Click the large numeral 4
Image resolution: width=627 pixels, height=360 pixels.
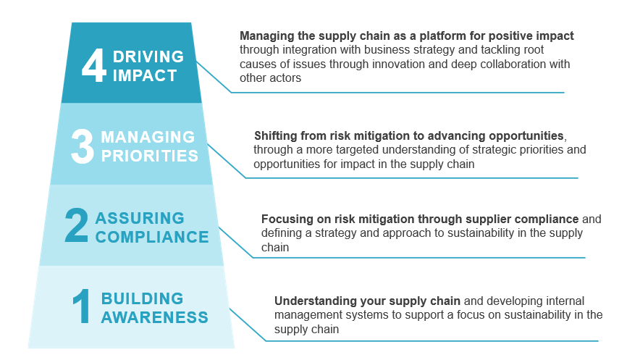coord(93,65)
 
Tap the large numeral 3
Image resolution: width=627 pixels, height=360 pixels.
coord(83,146)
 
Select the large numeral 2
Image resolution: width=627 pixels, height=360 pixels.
coord(76,227)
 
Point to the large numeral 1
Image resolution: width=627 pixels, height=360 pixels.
coord(82,308)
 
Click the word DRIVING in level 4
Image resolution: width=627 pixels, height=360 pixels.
coord(149,56)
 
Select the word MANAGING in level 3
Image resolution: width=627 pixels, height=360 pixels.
coord(148,138)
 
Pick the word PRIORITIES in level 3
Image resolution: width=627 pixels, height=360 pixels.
coord(149,155)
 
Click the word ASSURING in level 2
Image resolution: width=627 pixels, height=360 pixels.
coord(140,219)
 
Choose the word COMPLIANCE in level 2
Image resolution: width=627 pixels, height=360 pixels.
coord(152,236)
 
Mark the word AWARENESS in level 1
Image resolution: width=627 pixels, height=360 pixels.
coord(154,317)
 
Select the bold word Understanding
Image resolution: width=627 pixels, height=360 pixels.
coord(310,301)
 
